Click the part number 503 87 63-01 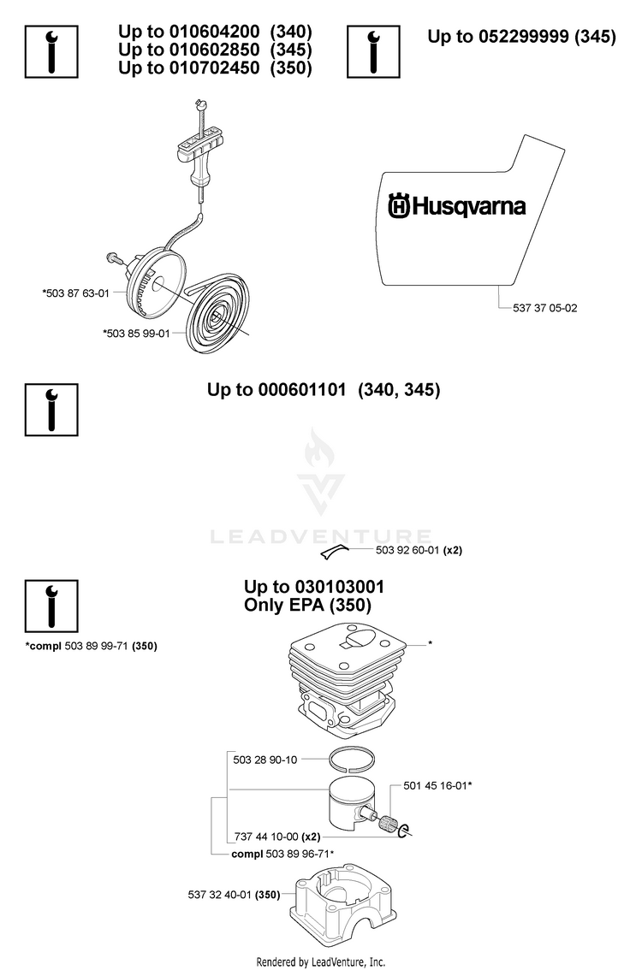[77, 293]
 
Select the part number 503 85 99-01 [138, 334]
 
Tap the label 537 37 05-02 [544, 308]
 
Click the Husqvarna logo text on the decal [457, 206]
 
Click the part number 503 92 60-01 [407, 550]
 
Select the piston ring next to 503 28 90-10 [353, 759]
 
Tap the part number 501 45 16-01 [435, 785]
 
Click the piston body [352, 801]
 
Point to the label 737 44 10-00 [266, 837]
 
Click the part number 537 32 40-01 [220, 895]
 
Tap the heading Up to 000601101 [276, 390]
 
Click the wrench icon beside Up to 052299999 [373, 52]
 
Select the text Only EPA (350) [307, 605]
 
